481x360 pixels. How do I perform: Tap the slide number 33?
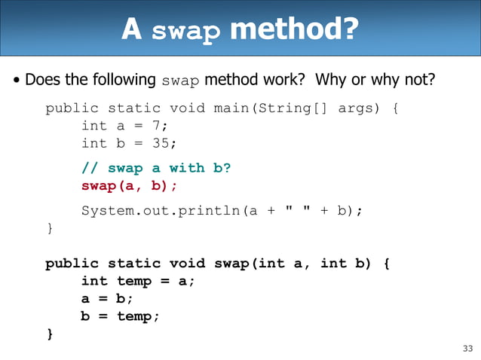pyautogui.click(x=467, y=348)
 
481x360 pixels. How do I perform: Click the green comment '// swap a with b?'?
pyautogui.click(x=155, y=168)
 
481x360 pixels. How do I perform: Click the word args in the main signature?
pyautogui.click(x=354, y=108)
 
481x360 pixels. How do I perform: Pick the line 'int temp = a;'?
pyautogui.click(x=138, y=281)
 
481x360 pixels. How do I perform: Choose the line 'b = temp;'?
pyautogui.click(x=120, y=316)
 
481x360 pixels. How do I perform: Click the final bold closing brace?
pyautogui.click(x=50, y=334)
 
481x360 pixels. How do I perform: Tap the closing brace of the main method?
pyautogui.click(x=50, y=228)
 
